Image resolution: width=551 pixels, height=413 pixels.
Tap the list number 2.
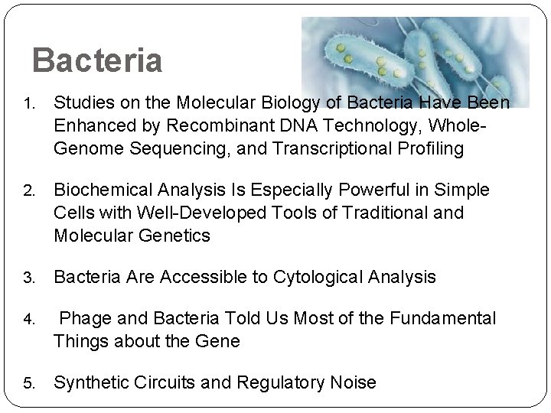pos(28,190)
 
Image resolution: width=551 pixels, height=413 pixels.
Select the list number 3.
pos(28,278)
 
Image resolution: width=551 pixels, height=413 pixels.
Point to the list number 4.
pos(28,319)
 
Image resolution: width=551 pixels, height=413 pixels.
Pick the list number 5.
pos(28,383)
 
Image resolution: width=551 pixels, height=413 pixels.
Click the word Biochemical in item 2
pos(103,189)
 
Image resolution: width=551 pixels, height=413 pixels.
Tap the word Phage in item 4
pos(83,317)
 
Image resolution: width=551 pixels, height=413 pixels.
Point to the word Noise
pos(353,382)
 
